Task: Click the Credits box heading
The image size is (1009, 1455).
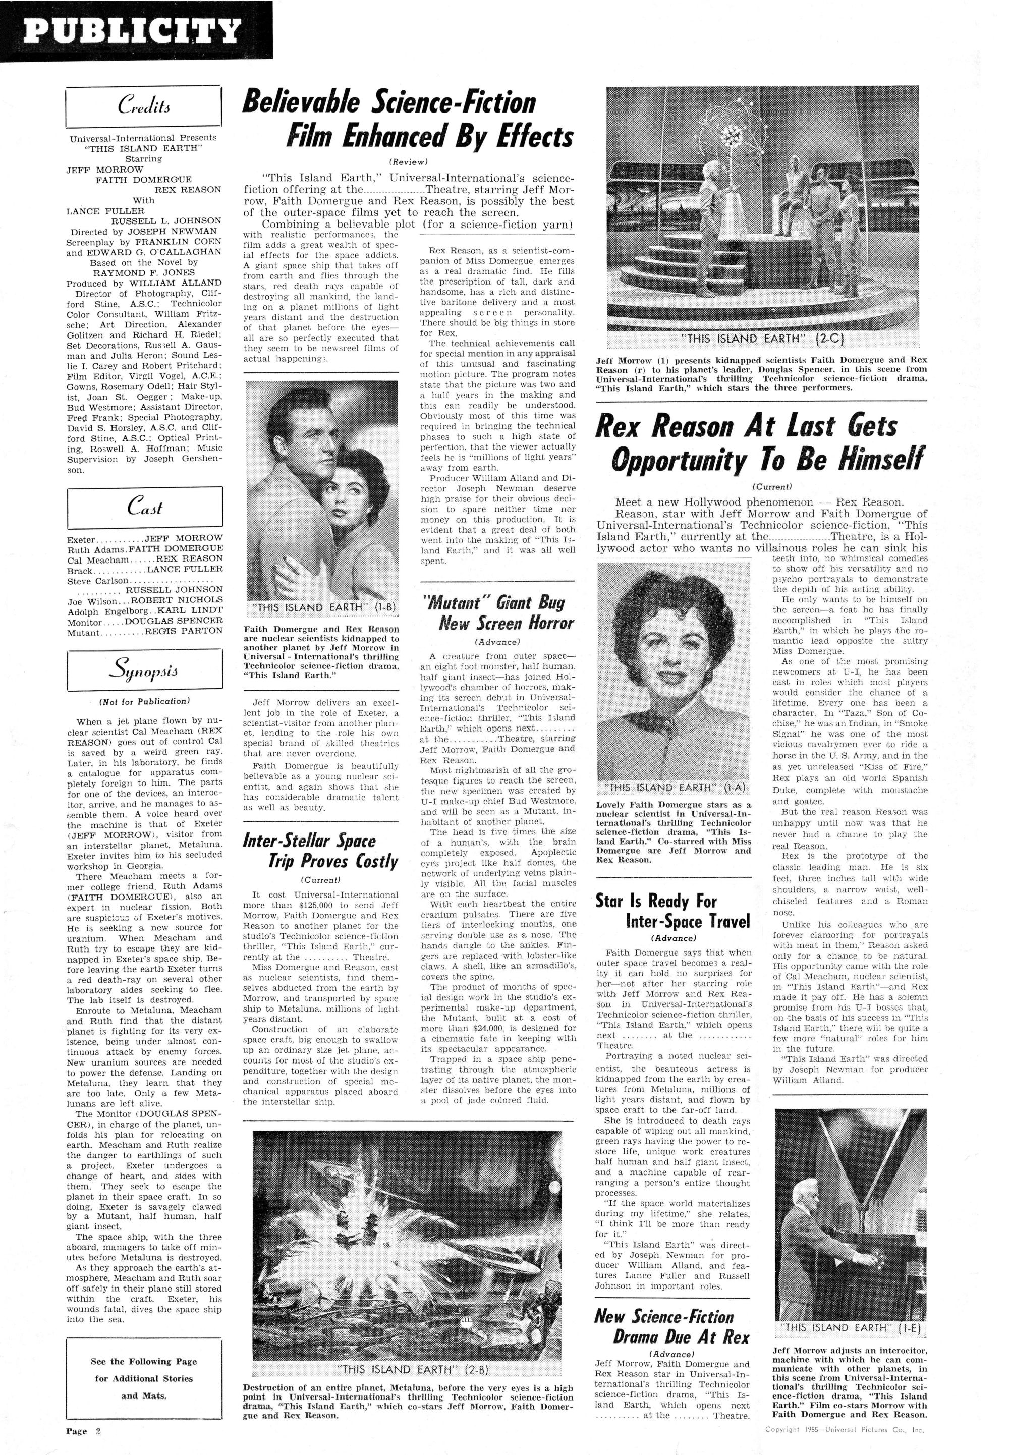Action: click(x=144, y=106)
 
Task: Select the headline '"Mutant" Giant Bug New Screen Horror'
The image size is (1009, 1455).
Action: click(x=497, y=612)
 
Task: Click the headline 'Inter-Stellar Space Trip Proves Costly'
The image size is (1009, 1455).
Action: click(x=321, y=851)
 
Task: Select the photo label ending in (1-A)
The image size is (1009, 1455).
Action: click(x=674, y=788)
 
